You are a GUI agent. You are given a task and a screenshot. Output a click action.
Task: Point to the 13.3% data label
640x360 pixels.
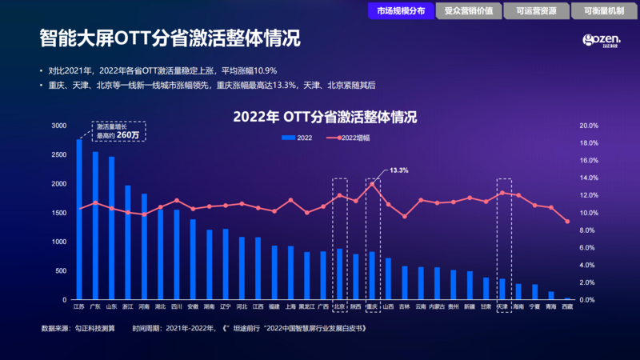pos(399,170)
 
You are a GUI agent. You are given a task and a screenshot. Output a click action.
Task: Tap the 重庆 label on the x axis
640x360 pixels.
pos(371,306)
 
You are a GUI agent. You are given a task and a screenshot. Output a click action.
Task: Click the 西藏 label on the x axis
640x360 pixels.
pos(567,306)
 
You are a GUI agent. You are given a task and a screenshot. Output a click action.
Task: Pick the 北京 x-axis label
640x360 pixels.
pos(339,306)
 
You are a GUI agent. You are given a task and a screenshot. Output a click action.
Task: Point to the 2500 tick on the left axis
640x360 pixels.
pos(59,154)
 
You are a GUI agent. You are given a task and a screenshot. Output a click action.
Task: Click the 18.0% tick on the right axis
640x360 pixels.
pos(588,143)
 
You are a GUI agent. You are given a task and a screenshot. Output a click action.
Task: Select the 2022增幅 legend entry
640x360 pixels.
pos(353,138)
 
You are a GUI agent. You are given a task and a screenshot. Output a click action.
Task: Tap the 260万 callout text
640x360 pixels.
pos(128,135)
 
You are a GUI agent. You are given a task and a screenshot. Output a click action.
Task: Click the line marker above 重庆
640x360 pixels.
pos(371,184)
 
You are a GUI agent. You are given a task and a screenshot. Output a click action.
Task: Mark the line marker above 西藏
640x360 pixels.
pos(567,222)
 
